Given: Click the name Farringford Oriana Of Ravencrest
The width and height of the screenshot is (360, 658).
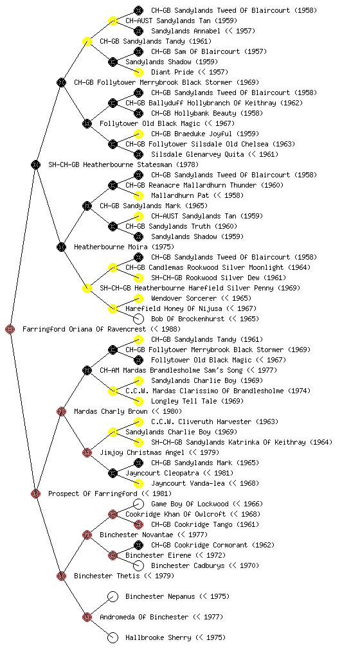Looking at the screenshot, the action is point(84,330).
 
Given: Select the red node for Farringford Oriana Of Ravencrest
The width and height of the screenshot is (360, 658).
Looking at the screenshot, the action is point(10,329).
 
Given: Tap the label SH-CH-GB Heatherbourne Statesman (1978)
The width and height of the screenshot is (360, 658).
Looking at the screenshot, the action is point(123,165).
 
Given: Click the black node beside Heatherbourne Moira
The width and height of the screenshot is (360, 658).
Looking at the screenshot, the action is point(61,247).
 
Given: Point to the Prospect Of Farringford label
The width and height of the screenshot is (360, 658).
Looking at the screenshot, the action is point(93,494).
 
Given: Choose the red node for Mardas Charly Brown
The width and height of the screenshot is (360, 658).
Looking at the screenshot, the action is point(61,411).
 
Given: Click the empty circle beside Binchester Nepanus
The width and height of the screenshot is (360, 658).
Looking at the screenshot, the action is point(113,596).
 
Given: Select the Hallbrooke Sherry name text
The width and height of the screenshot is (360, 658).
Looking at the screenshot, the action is point(158,638).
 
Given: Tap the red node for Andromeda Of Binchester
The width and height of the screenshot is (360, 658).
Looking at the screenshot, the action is point(87,617).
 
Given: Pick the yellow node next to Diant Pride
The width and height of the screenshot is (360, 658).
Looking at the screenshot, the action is point(138,72).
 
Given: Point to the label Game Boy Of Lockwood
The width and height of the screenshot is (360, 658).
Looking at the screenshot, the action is point(190,504).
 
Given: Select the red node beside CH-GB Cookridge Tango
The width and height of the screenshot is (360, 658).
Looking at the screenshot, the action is point(138,524).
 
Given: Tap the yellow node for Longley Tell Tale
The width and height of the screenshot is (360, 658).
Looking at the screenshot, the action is point(138,401).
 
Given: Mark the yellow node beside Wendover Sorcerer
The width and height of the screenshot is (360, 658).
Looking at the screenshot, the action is point(138,298).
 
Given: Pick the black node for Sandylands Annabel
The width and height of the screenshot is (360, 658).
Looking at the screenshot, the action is point(138,31).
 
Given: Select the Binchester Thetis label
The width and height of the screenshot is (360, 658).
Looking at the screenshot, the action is point(107,576).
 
